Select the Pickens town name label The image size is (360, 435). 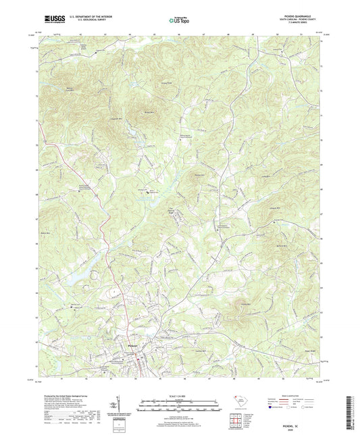point(134,347)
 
